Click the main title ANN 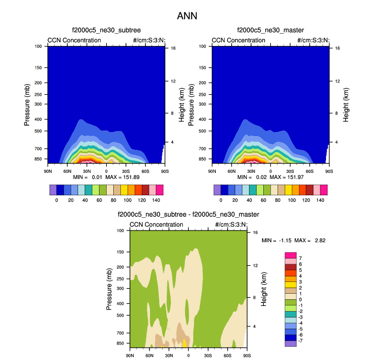187,16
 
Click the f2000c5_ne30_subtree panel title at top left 106,31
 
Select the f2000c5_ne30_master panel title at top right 270,31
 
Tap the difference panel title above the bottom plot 188,215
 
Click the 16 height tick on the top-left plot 173,48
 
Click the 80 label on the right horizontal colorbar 278,200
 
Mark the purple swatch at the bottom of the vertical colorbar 290,343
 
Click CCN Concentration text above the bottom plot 156,224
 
